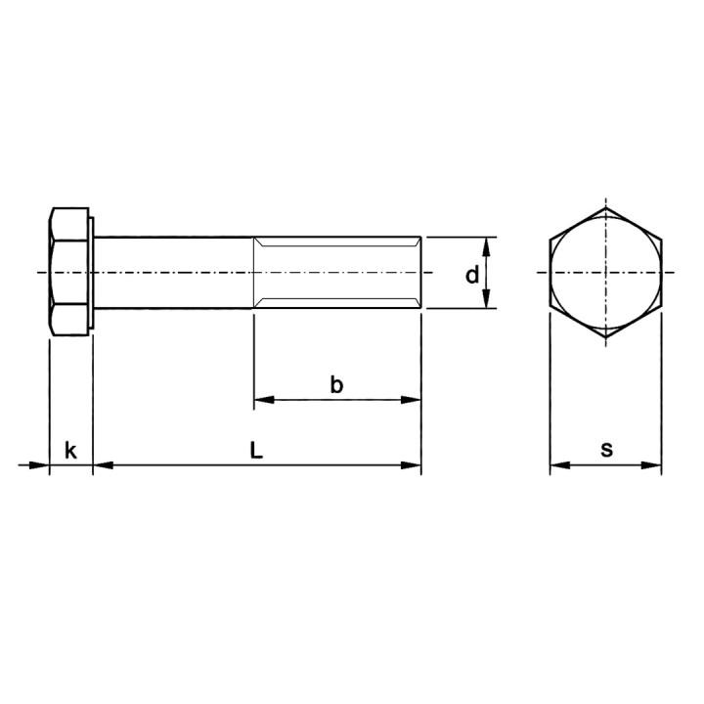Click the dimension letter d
click(x=472, y=275)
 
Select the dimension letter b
click(x=336, y=385)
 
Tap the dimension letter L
click(x=256, y=450)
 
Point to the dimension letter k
click(x=70, y=450)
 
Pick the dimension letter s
click(x=606, y=450)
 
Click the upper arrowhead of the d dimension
click(x=486, y=247)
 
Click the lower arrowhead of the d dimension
click(x=486, y=298)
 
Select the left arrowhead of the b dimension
click(x=264, y=400)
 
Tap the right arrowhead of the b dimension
click(x=411, y=400)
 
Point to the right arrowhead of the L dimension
click(x=411, y=465)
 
